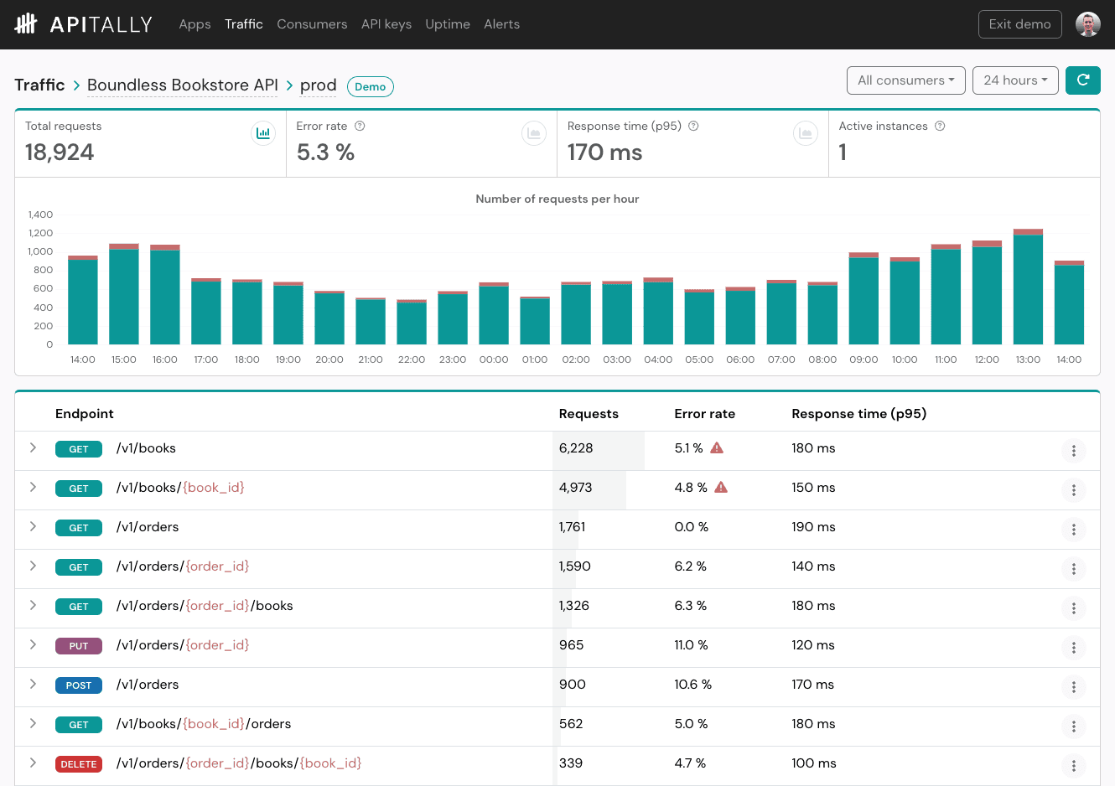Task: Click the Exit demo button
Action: (1019, 24)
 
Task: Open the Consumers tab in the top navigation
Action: (312, 24)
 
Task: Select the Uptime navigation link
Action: (447, 24)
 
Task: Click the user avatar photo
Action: (1088, 24)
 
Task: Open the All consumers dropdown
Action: (905, 80)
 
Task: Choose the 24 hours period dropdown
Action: (1015, 80)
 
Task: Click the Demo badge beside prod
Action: (370, 86)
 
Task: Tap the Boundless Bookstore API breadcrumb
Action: (182, 85)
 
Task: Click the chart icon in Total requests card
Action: (263, 133)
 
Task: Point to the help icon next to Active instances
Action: (940, 127)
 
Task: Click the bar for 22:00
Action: (412, 323)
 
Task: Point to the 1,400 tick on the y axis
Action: (40, 215)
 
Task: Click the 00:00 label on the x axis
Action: (494, 359)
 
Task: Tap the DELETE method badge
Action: (79, 764)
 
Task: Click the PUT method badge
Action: (79, 646)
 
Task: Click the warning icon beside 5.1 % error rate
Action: (717, 448)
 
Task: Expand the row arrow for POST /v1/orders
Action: (33, 684)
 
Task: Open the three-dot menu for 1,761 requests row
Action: (1073, 530)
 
